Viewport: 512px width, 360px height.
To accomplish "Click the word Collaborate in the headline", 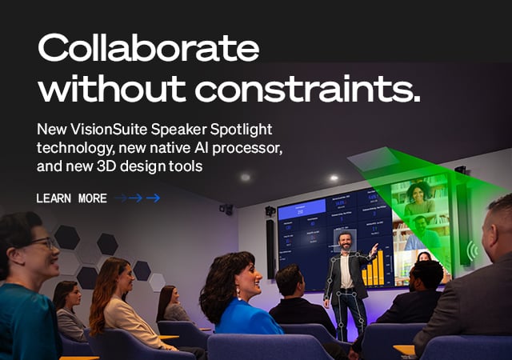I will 148,50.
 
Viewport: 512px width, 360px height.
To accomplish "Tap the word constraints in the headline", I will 319,88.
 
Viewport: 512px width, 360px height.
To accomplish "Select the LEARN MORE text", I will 71,198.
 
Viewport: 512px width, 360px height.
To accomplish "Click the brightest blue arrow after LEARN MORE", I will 153,198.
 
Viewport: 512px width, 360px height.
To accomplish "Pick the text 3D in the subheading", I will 118,166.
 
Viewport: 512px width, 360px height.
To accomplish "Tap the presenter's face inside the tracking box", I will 345,240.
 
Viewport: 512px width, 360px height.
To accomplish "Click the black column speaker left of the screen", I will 271,247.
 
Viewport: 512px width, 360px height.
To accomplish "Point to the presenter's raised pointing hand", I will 373,249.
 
